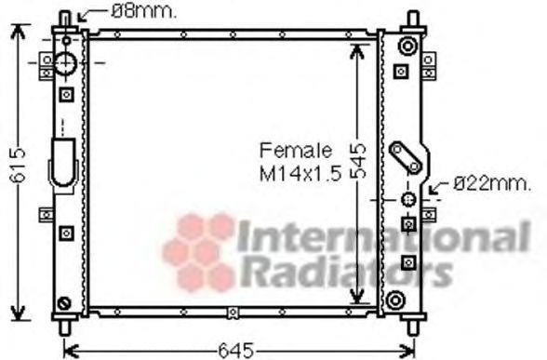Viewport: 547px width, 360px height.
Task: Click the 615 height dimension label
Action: pos(18,165)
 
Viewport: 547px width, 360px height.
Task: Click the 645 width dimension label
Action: pos(236,350)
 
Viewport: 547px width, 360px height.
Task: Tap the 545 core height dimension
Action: pos(358,161)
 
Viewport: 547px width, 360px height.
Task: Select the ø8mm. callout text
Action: pos(143,12)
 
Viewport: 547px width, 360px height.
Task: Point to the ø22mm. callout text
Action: pos(492,183)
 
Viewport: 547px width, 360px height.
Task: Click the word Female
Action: pos(296,151)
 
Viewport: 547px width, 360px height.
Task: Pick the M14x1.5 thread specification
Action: pos(300,173)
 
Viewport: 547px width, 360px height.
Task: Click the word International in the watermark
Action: pos(383,236)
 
